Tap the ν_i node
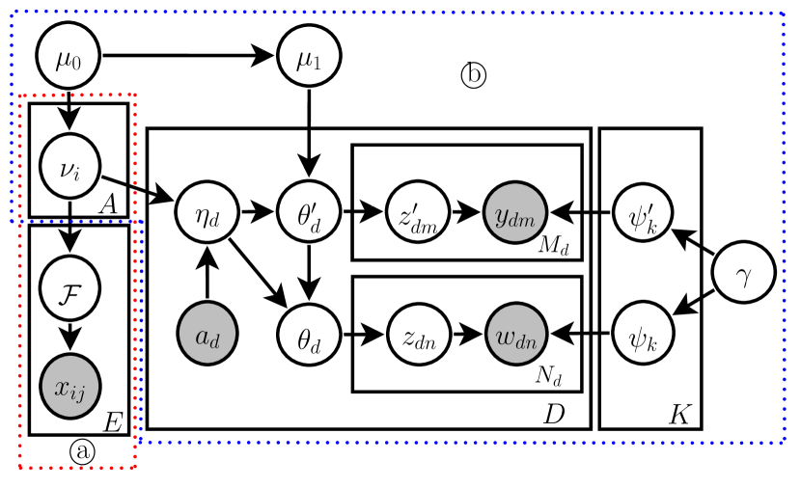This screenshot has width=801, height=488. click(x=69, y=164)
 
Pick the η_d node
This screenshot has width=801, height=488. click(x=207, y=212)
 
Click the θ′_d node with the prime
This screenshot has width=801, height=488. click(x=309, y=212)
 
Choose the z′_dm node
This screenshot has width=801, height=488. click(x=418, y=212)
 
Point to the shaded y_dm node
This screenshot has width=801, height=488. click(x=515, y=212)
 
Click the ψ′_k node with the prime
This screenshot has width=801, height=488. click(x=644, y=212)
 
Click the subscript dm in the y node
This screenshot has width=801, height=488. click(x=525, y=218)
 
